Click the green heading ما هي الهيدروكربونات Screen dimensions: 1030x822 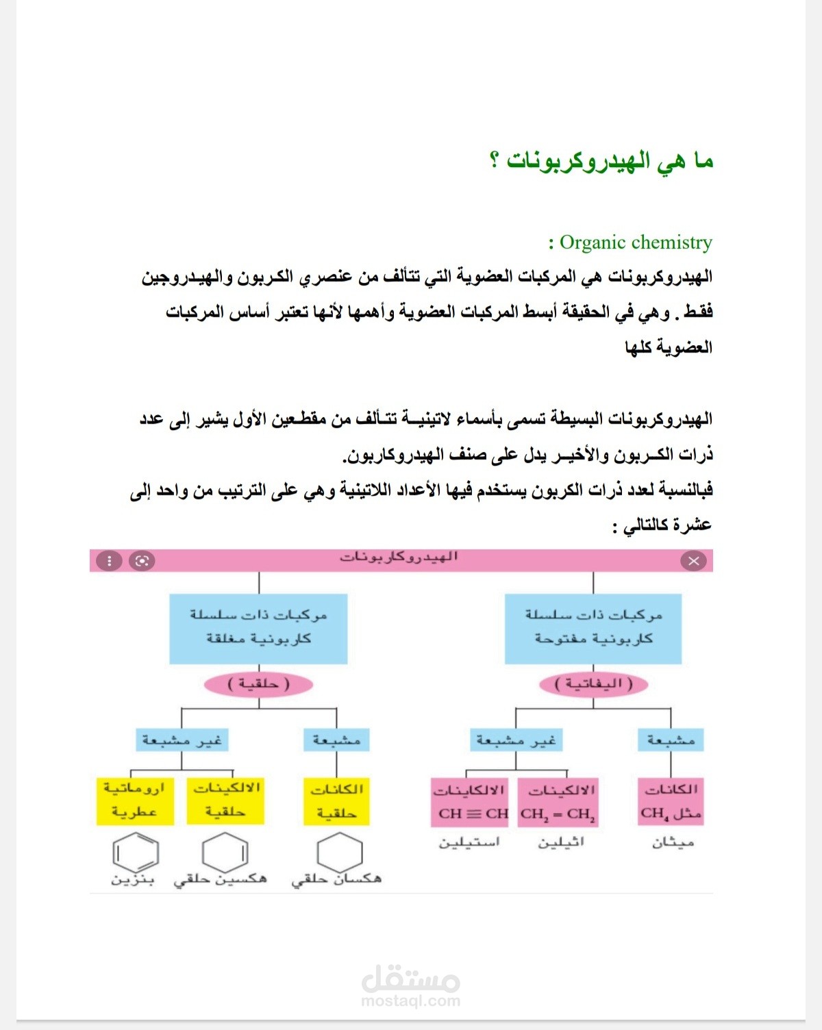coord(601,162)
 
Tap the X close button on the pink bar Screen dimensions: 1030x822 coord(693,561)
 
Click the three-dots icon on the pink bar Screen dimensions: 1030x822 coord(108,561)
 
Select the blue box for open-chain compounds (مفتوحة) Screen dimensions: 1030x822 coord(593,628)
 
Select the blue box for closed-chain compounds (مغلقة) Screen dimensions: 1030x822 coord(258,628)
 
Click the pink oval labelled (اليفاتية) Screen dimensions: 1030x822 coord(593,683)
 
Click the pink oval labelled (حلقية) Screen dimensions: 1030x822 coord(258,683)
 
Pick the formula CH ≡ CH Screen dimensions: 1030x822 coord(473,814)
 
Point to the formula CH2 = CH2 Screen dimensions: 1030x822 coord(558,814)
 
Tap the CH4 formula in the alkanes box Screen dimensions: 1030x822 coord(654,814)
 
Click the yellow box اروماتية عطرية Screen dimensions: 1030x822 coord(134,800)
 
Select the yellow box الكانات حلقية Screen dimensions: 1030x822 coord(336,801)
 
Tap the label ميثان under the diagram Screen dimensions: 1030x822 coord(673,842)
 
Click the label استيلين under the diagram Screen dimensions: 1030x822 coord(470,842)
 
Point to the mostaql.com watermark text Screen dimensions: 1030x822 coord(410,1001)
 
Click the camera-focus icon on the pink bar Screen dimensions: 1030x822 coord(142,561)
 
